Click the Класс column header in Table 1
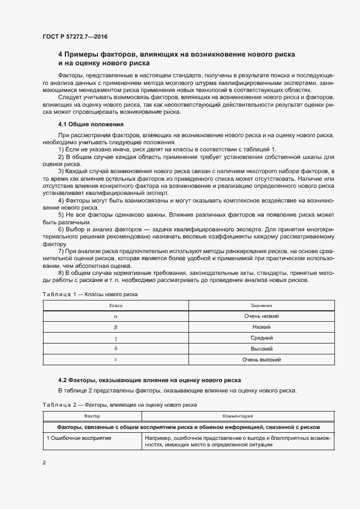click(x=115, y=306)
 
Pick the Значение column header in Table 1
click(x=261, y=306)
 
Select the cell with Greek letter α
click(x=115, y=316)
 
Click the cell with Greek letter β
click(x=115, y=327)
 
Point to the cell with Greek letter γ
click(x=115, y=338)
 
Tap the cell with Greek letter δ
click(x=115, y=348)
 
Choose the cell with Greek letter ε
click(x=115, y=359)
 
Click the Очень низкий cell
click(x=261, y=316)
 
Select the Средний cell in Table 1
click(x=261, y=338)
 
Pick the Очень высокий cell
click(x=261, y=359)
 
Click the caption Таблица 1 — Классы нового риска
click(x=90, y=295)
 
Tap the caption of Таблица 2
click(x=119, y=406)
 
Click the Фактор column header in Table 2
click(x=92, y=416)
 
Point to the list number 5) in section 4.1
click(x=60, y=214)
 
